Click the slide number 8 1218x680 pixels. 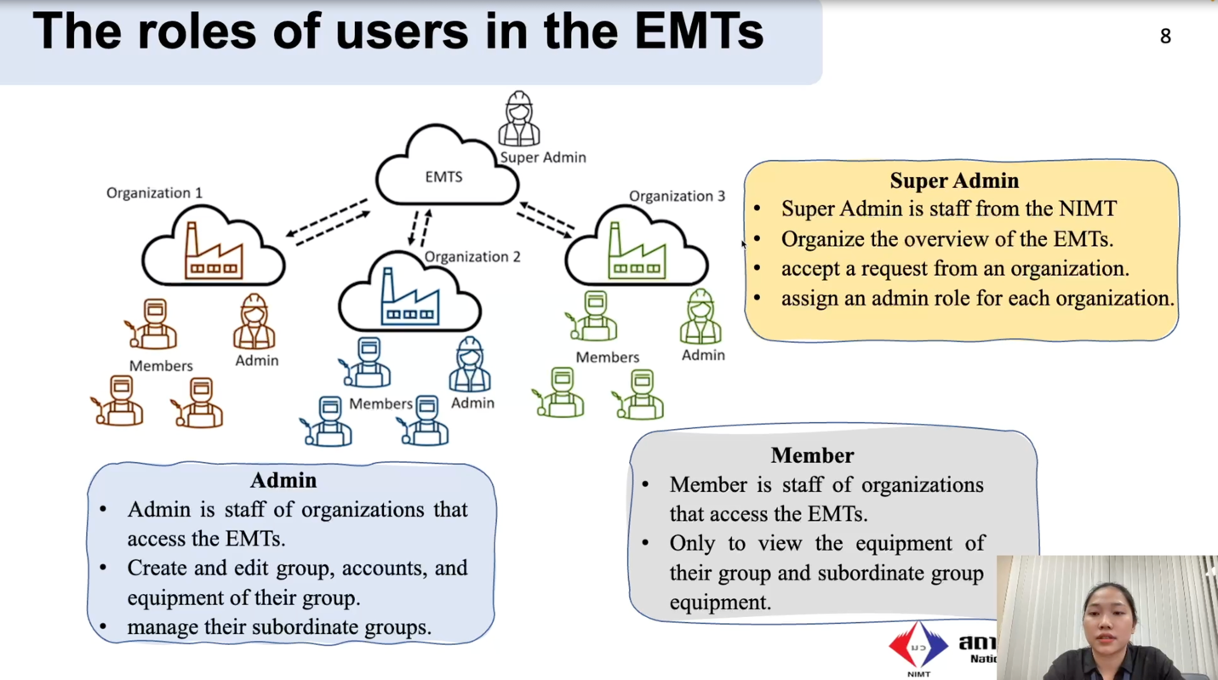(x=1165, y=36)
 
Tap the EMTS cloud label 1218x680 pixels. (x=443, y=177)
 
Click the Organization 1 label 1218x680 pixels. (x=154, y=193)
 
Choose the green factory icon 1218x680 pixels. (x=636, y=253)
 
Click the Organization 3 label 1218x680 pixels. (x=677, y=197)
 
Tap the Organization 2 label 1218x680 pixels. (x=472, y=257)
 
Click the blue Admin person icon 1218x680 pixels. (x=470, y=365)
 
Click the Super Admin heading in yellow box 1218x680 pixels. (x=954, y=180)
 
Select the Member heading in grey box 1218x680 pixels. (x=812, y=455)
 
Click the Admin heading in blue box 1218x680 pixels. (x=283, y=480)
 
